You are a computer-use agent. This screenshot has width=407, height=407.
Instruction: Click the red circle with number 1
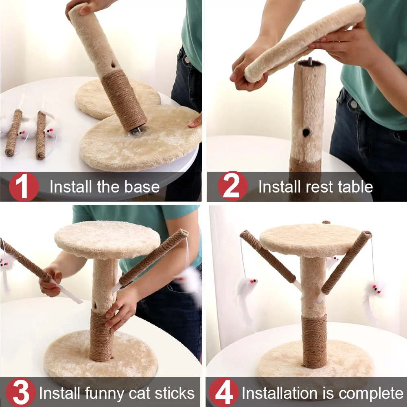coord(24,187)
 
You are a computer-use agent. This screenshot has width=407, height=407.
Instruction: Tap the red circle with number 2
coord(233,186)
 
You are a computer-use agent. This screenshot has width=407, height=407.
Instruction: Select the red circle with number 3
coord(21,392)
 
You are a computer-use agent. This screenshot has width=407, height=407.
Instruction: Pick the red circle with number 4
coord(224,392)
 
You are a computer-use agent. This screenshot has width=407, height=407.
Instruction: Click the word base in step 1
coord(142,187)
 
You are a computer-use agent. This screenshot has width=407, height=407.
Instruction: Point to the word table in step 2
coord(355,187)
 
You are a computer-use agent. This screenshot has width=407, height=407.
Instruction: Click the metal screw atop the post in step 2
coord(310,62)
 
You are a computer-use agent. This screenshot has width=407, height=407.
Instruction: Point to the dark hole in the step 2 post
coord(306,133)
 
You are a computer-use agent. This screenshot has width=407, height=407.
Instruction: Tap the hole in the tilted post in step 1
coord(114,65)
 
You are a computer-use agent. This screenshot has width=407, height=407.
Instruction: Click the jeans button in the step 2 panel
coord(354,104)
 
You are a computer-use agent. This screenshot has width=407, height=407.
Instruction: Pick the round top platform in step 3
coord(107,240)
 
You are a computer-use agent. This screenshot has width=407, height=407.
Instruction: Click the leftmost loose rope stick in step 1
coord(13,133)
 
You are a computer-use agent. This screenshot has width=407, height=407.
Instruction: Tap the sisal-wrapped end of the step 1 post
coord(124,100)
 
